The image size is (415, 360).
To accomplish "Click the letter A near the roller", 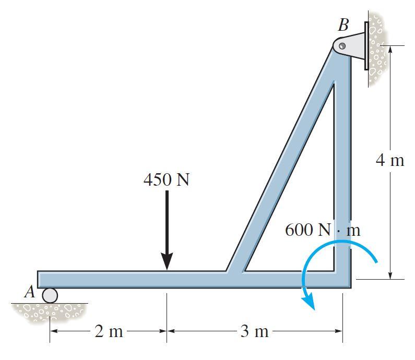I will tap(30, 293).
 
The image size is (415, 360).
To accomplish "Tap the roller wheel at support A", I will tap(50, 295).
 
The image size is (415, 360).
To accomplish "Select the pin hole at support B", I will tap(342, 46).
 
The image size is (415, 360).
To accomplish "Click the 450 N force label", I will tap(166, 180).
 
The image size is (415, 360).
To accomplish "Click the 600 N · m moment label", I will tap(322, 230).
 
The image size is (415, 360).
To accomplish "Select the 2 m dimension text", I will tap(109, 331).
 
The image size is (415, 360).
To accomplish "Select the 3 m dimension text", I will tap(254, 331).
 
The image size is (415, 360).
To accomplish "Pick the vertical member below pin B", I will tap(342, 157).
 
